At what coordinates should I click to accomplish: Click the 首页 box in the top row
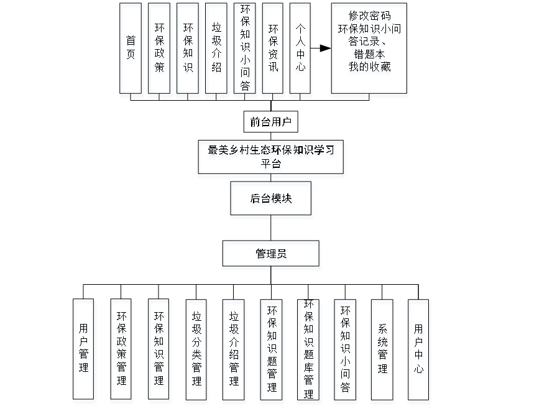click(x=131, y=50)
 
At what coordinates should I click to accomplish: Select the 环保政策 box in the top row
click(x=160, y=50)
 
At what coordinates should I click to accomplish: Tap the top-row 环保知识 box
click(x=188, y=50)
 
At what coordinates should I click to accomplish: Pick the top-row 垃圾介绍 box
click(x=217, y=50)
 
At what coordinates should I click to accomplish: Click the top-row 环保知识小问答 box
click(x=246, y=50)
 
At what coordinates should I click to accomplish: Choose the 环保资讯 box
click(x=273, y=50)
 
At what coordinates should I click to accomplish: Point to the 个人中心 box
click(x=301, y=50)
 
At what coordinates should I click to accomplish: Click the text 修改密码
click(x=370, y=17)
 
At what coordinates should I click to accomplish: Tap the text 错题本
click(x=370, y=56)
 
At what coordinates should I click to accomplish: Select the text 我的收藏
click(x=370, y=69)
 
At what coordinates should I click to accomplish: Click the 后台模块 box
click(x=272, y=200)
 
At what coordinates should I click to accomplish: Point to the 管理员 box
click(x=272, y=255)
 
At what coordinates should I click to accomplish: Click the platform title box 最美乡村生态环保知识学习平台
click(x=272, y=158)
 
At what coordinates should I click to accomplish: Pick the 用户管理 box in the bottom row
click(x=84, y=351)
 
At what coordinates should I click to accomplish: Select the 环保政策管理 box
click(x=121, y=351)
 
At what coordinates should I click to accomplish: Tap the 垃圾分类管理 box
click(x=196, y=351)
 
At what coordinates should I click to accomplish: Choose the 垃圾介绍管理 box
click(x=234, y=351)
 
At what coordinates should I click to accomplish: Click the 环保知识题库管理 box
click(x=309, y=351)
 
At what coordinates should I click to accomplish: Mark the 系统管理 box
click(x=382, y=351)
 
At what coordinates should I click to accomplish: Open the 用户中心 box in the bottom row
click(x=420, y=351)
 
